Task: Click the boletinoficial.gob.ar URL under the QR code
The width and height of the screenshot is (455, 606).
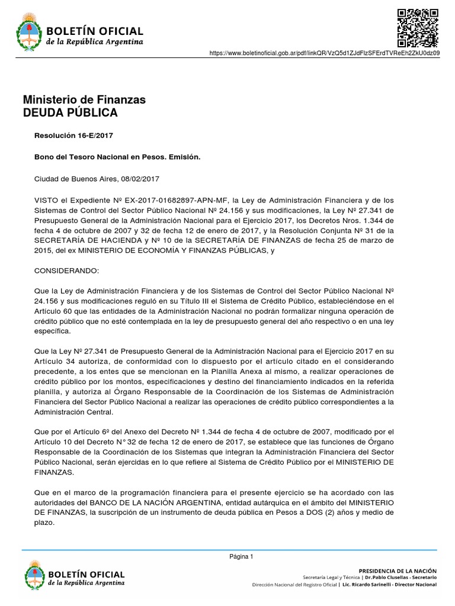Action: coord(325,54)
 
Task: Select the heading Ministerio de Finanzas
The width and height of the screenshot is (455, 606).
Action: coord(84,99)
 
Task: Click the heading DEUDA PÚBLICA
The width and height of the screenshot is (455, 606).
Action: coord(70,112)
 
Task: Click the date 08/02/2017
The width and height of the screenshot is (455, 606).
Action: coord(140,178)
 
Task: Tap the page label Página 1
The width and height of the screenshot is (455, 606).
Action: coord(241,556)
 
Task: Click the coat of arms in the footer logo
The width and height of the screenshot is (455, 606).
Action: coord(34,576)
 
